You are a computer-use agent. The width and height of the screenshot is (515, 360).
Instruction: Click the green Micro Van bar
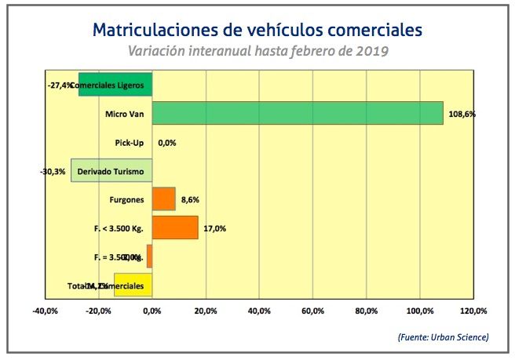tap(298, 113)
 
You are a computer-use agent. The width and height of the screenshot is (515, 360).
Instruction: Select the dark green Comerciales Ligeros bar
tap(115, 84)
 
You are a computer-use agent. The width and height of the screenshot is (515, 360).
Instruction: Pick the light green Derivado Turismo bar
tap(111, 170)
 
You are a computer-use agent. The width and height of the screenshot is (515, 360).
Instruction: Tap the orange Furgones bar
tap(163, 199)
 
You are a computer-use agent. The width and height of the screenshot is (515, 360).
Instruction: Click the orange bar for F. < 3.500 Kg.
tap(175, 227)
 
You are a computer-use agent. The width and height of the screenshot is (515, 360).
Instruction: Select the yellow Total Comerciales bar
tap(133, 285)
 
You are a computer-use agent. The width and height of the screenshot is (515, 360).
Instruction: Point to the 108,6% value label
tap(462, 114)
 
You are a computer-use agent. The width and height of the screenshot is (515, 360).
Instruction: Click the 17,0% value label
tap(214, 228)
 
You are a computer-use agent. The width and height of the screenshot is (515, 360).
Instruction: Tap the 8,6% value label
tap(191, 200)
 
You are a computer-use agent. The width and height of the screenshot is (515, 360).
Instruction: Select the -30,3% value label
tap(53, 171)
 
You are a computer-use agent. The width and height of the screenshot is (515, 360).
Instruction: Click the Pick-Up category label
tap(128, 143)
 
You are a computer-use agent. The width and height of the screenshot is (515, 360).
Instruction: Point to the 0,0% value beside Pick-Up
tap(166, 143)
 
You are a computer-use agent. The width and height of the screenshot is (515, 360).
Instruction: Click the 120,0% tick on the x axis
tap(473, 311)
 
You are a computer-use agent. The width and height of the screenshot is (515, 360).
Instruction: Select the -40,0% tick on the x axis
tap(45, 311)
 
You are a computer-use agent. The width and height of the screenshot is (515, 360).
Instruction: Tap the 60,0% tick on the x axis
tap(312, 311)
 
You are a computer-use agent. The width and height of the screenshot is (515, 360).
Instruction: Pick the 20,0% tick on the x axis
tap(205, 311)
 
